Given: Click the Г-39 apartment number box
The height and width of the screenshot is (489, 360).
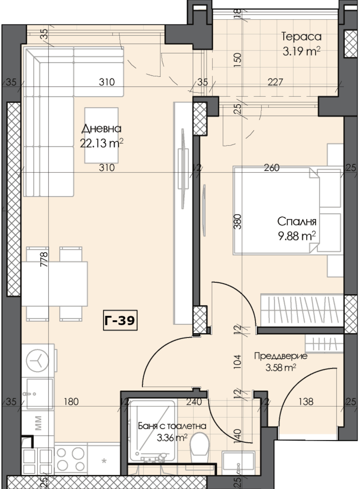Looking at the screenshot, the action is (120, 320).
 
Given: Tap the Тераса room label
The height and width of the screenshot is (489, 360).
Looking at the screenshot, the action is (301, 36).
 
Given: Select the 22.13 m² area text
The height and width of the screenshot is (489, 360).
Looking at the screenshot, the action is (101, 143).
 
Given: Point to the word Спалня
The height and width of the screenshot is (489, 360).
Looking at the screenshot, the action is (297, 221).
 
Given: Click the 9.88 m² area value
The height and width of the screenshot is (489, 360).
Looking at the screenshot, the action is (297, 236).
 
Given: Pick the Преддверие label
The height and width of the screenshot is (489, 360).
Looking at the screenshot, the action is (281, 356).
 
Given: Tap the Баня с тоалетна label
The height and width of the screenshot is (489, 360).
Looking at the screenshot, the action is (172, 426).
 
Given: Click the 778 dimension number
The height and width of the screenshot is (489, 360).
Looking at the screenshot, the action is (44, 259).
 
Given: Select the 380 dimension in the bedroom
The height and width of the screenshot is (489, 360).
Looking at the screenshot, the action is (238, 221).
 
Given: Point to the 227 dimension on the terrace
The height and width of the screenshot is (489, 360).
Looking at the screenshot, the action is (275, 82).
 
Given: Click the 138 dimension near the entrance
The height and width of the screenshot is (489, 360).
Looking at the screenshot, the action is (306, 402).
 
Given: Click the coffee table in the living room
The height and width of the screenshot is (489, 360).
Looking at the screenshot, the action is (101, 135).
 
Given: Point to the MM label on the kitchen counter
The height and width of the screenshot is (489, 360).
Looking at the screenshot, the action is (38, 423).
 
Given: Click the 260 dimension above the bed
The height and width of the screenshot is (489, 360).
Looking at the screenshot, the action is (272, 168).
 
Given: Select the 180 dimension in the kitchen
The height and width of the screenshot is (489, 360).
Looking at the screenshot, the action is (71, 402).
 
